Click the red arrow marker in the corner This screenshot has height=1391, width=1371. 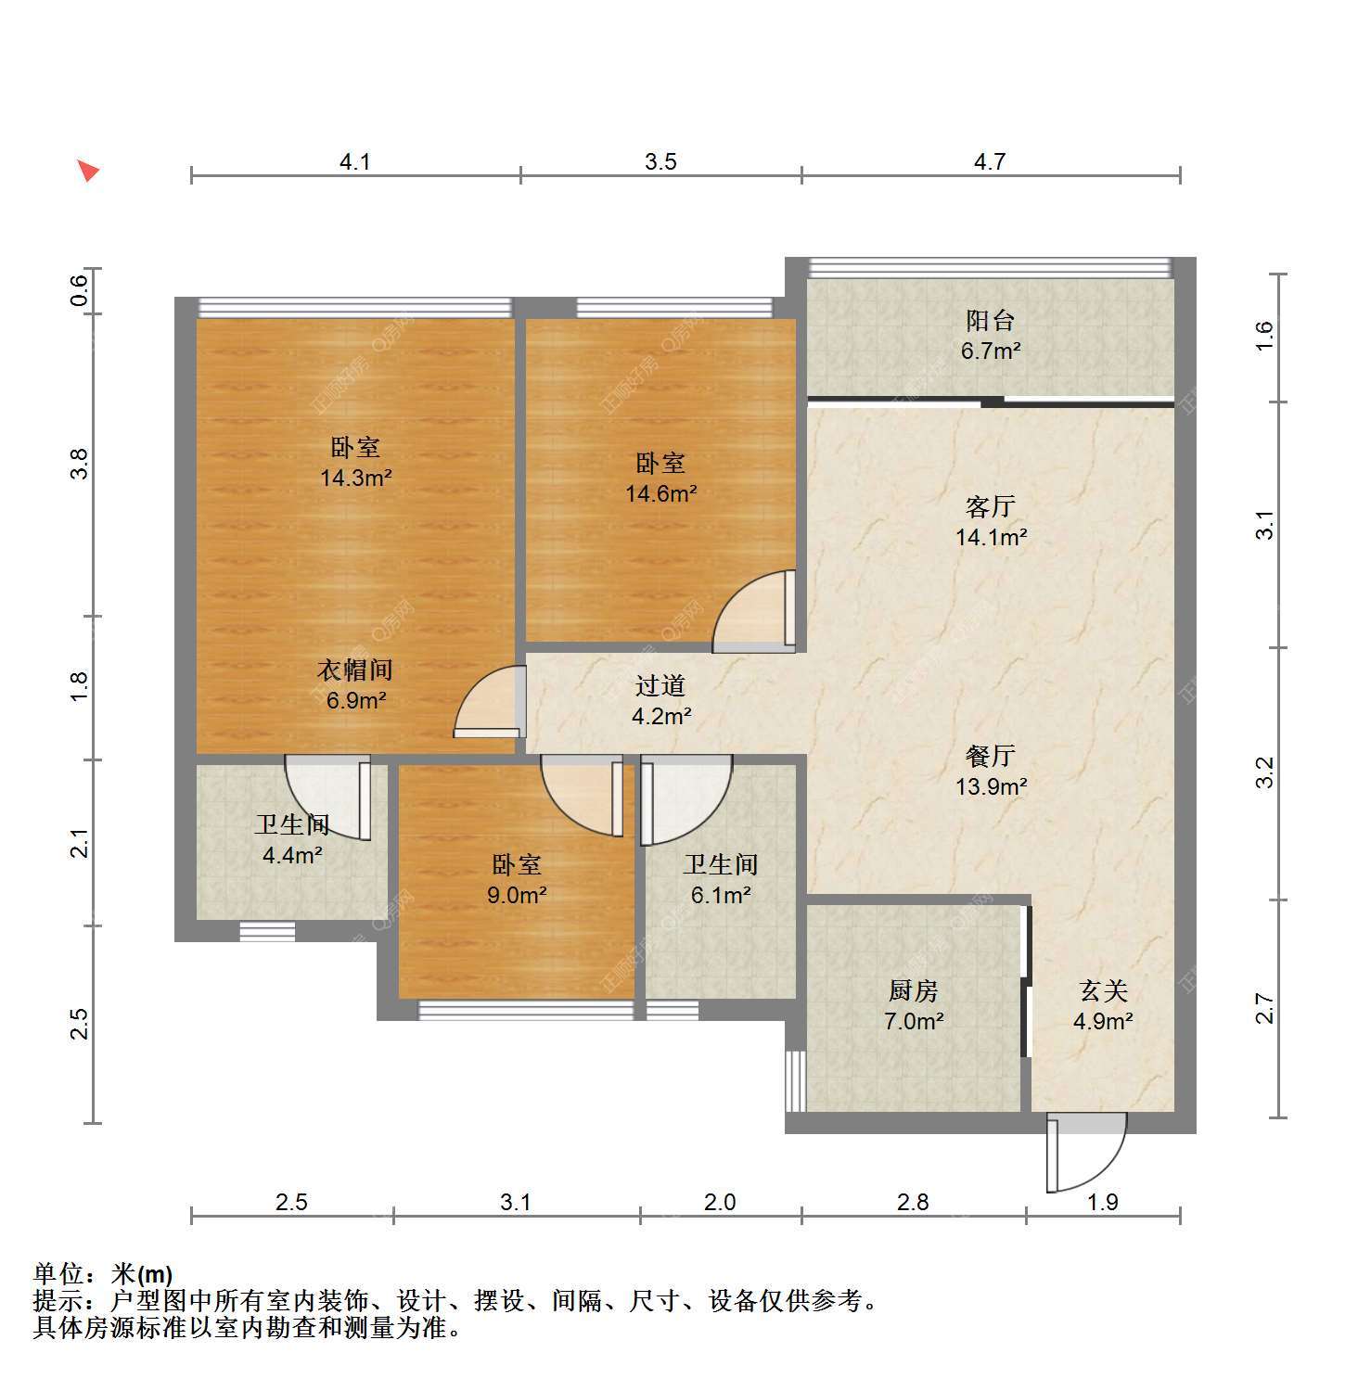click(x=88, y=171)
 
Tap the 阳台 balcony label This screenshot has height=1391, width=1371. click(x=990, y=321)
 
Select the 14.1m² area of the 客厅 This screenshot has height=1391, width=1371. click(x=991, y=537)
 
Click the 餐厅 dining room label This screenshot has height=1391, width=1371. click(x=990, y=756)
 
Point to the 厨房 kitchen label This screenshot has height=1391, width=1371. click(x=914, y=990)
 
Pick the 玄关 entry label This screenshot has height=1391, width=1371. click(x=1103, y=990)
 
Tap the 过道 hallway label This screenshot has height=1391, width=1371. click(x=660, y=685)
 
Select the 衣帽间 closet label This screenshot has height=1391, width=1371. click(x=355, y=670)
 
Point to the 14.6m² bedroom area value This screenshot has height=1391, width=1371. click(x=660, y=493)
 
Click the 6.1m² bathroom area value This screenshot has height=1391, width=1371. click(x=721, y=895)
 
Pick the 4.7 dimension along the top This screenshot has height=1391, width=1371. click(x=990, y=161)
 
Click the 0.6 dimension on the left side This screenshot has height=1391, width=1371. click(x=81, y=291)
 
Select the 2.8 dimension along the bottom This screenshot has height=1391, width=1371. click(x=913, y=1202)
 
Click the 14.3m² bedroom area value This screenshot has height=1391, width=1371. click(x=355, y=479)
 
